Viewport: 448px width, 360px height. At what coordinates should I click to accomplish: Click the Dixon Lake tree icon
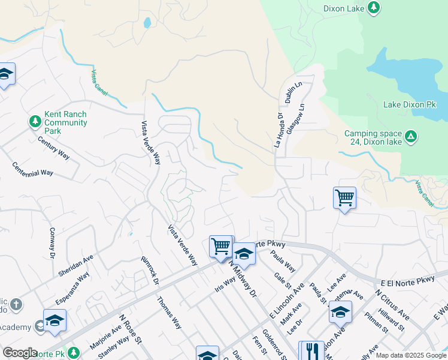pyautogui.click(x=374, y=7)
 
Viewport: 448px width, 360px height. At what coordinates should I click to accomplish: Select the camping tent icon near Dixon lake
pyautogui.click(x=411, y=136)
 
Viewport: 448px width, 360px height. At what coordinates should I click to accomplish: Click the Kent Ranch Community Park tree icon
pyautogui.click(x=35, y=121)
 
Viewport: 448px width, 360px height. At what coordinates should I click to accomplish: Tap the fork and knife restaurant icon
pyautogui.click(x=311, y=351)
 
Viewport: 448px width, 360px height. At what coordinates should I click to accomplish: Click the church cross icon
pyautogui.click(x=16, y=305)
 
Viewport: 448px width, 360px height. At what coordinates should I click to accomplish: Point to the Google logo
pyautogui.click(x=19, y=353)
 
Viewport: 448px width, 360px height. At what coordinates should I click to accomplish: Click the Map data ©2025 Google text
pyautogui.click(x=410, y=355)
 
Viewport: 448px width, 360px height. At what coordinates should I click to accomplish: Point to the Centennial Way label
pyautogui.click(x=32, y=169)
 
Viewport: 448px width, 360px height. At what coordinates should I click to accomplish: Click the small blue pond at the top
pyautogui.click(x=147, y=23)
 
